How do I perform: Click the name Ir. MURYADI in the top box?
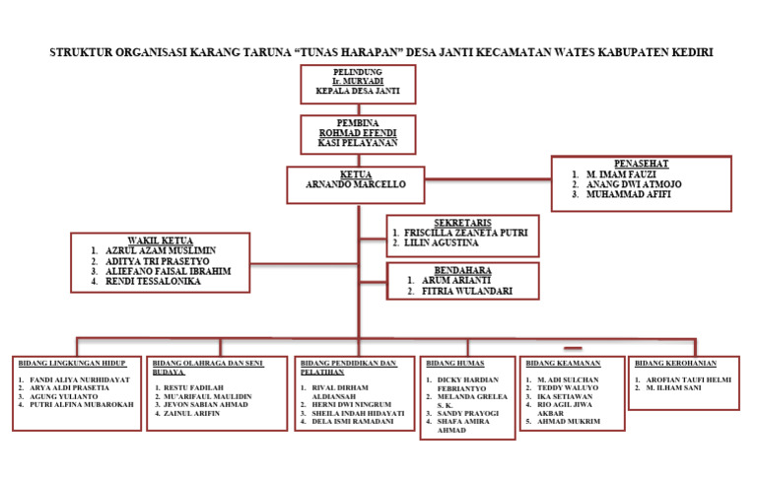click(358, 81)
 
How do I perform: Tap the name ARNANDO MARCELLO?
click(357, 184)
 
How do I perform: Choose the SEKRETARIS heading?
click(462, 222)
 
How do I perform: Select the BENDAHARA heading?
click(462, 270)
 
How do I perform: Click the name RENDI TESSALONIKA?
click(153, 282)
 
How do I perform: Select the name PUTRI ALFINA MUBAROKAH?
click(82, 404)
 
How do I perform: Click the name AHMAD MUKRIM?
click(568, 422)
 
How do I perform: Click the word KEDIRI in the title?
click(686, 51)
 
